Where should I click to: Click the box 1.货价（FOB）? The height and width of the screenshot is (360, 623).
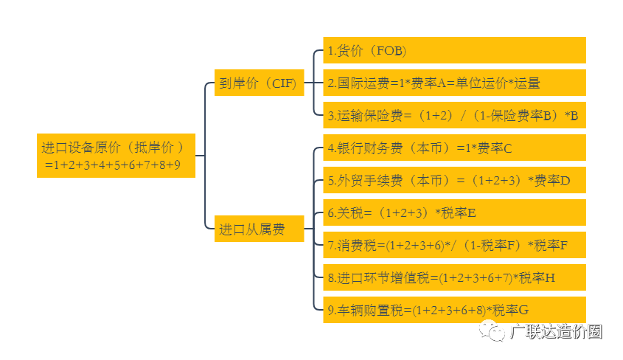coord(453,51)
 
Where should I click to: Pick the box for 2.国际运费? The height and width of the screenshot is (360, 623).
coord(453,83)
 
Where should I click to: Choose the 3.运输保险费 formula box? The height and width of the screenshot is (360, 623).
coord(453,115)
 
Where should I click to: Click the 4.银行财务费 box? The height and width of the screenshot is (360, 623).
coord(453,148)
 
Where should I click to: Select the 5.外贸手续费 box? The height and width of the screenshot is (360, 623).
coord(453,180)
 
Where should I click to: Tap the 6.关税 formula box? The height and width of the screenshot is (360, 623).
coord(453,212)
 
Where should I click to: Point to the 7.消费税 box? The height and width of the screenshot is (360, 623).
coord(453,245)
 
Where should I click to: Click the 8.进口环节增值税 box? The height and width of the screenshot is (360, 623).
coord(453,277)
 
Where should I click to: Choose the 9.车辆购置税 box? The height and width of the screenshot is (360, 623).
coord(453,310)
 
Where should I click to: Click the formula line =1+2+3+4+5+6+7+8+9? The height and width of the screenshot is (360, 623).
coord(112,165)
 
